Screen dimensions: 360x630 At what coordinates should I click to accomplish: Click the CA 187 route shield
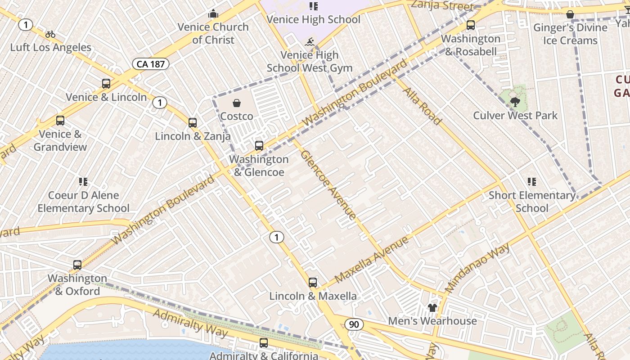(x=150, y=64)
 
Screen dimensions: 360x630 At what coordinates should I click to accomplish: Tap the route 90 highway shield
(x=355, y=324)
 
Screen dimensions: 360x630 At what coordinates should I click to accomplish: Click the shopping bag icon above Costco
(x=237, y=103)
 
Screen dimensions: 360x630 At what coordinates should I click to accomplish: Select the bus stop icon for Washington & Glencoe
(x=259, y=146)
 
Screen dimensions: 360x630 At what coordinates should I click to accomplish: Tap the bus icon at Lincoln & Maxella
(x=313, y=283)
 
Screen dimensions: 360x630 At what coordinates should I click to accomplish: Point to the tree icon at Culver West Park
(x=515, y=102)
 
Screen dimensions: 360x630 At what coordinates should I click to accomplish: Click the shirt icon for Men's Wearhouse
(x=432, y=308)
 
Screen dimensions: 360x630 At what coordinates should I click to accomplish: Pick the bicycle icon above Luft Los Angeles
(x=50, y=34)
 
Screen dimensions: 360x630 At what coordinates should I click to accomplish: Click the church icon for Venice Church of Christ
(x=213, y=14)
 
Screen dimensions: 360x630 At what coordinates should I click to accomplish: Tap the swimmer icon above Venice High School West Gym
(x=309, y=42)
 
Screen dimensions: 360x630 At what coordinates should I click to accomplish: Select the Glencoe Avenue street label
(x=328, y=184)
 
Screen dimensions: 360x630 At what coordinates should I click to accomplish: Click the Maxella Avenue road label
(x=372, y=259)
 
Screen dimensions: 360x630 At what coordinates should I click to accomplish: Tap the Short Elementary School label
(x=532, y=202)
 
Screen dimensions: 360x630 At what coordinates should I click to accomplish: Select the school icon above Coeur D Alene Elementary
(x=83, y=182)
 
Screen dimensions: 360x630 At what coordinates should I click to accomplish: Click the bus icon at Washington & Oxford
(x=77, y=265)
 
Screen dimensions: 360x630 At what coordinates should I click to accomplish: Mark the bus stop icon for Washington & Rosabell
(x=471, y=25)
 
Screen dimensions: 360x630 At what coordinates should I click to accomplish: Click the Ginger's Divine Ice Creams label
(x=570, y=34)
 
